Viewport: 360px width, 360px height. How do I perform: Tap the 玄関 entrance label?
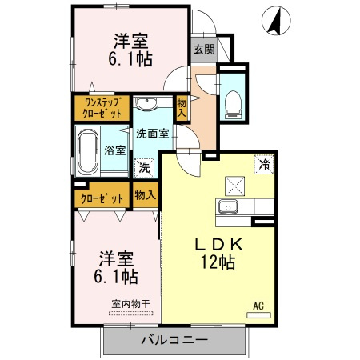203,49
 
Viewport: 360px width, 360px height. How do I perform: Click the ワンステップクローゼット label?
102,108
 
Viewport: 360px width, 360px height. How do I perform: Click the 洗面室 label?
150,134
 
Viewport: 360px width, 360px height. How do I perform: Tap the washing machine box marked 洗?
143,168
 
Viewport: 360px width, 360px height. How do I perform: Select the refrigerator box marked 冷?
264,164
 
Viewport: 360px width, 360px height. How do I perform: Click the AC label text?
258,305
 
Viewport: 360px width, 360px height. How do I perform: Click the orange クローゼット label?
102,197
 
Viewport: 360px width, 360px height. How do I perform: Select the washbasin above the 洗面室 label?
146,105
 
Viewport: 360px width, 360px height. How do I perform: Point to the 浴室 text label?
114,150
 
